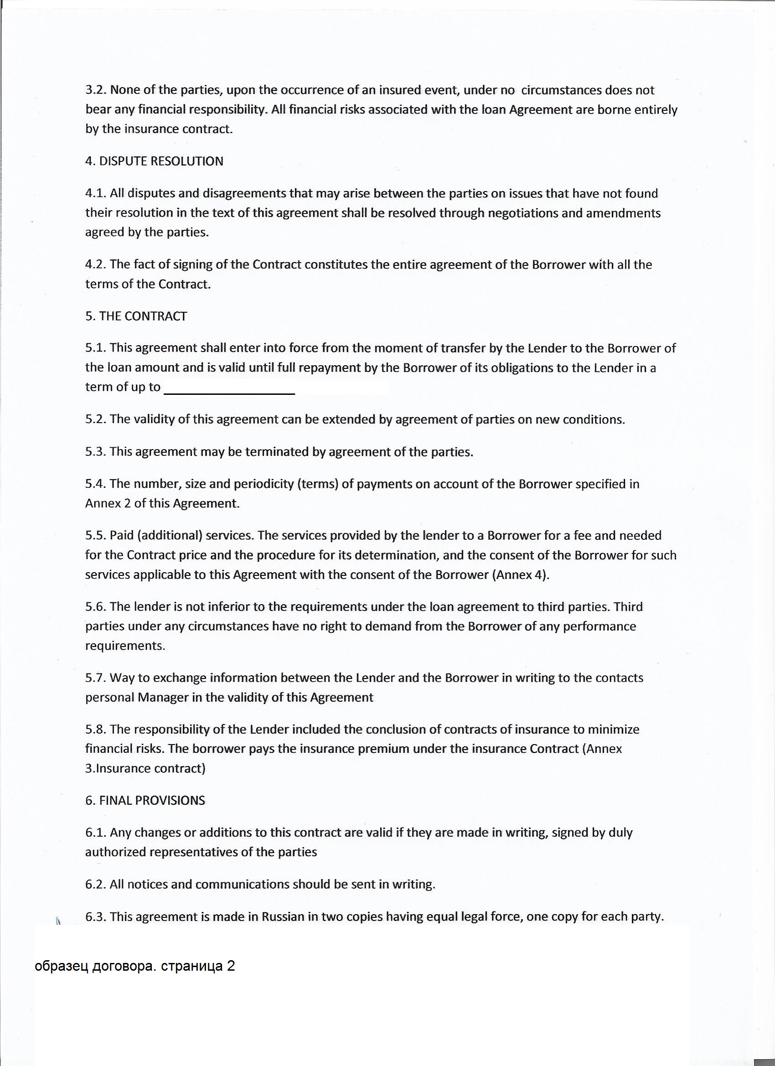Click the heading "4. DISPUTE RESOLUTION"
(154, 161)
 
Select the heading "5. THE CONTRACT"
(136, 316)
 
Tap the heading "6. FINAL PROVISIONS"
(145, 800)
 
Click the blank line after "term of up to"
(229, 389)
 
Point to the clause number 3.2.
(95, 90)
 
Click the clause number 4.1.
(95, 193)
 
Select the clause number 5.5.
(95, 535)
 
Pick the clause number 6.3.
(95, 916)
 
